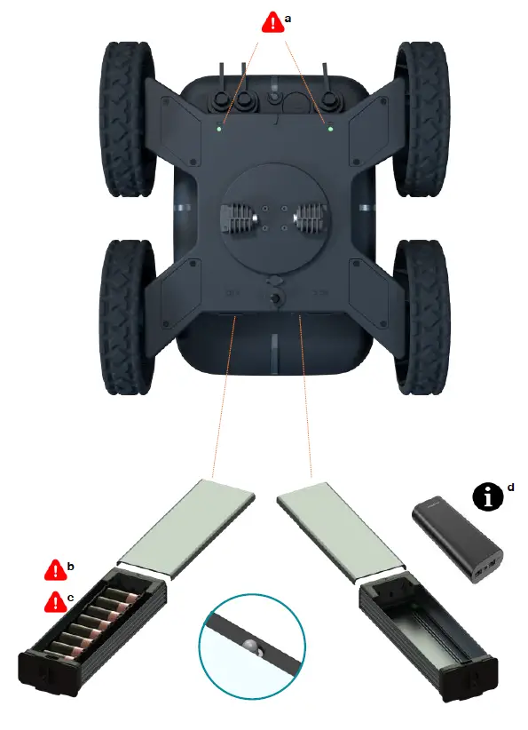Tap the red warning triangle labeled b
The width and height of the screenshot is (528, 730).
click(x=55, y=568)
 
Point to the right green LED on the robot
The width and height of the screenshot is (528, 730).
click(x=330, y=130)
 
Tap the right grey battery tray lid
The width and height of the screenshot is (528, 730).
click(x=341, y=529)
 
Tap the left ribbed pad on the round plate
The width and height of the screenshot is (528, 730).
click(x=238, y=217)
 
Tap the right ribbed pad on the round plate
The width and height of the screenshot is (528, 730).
click(x=312, y=217)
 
